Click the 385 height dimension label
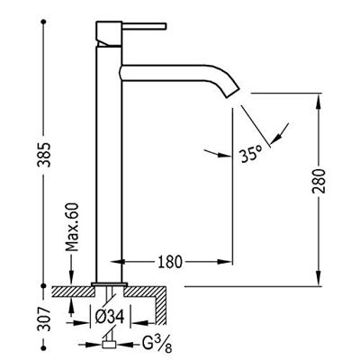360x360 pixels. tap(45, 154)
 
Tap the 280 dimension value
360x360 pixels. tap(319, 181)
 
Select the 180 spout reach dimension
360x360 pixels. tap(169, 262)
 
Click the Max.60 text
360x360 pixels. tap(72, 228)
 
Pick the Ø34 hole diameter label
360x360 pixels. tap(110, 317)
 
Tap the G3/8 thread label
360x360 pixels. tap(157, 345)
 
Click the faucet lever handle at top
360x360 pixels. tap(144, 26)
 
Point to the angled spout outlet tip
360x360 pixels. tap(232, 91)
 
